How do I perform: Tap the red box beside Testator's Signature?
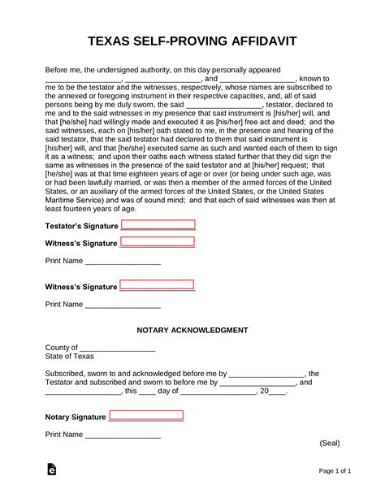click(158, 225)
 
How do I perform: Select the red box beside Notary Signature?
click(146, 416)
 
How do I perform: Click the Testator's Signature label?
click(81, 226)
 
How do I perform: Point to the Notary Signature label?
click(76, 417)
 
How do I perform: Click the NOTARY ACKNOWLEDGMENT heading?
click(192, 330)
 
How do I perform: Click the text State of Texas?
click(70, 357)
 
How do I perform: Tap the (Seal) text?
click(329, 443)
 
